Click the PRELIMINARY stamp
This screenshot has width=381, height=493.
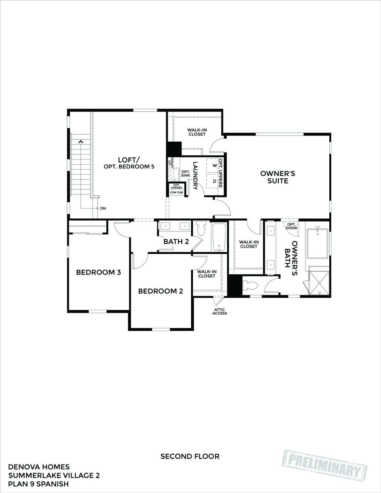(x=326, y=466)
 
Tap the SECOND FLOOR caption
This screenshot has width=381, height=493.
(x=190, y=456)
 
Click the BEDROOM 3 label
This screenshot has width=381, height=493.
(x=98, y=273)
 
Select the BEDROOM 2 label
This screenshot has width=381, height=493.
(x=161, y=291)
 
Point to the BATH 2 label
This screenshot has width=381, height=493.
(x=176, y=241)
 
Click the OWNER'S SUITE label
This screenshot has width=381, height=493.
(x=278, y=177)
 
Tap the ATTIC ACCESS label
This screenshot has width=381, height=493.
(x=219, y=311)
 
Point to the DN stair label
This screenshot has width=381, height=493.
(x=103, y=208)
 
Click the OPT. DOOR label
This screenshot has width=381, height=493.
(x=291, y=226)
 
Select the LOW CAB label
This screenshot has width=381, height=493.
(x=176, y=192)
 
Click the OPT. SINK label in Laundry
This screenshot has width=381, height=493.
(x=186, y=174)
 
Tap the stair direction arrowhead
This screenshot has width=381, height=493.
(x=81, y=141)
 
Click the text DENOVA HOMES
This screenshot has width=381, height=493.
(x=39, y=467)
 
